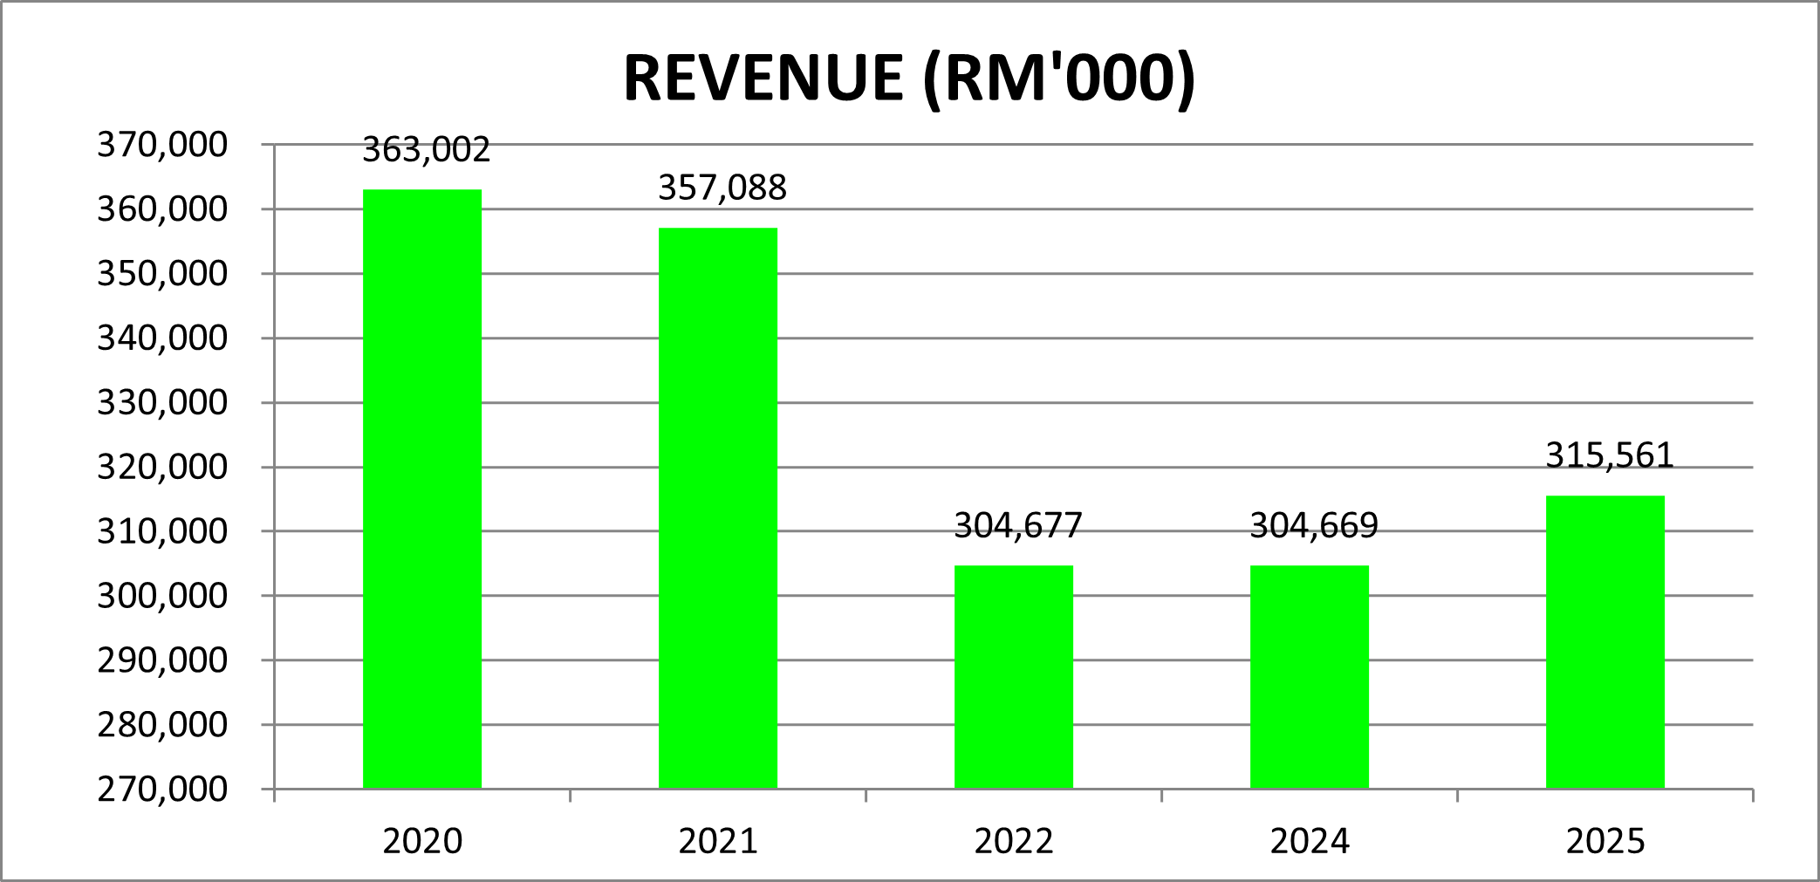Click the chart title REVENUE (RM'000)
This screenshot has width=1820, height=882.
click(909, 79)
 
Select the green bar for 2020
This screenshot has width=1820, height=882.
click(422, 489)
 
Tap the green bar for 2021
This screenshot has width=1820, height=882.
click(718, 508)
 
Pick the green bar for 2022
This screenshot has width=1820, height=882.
click(1014, 677)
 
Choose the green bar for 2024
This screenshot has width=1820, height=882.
click(1310, 677)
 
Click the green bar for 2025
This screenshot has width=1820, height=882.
click(1605, 642)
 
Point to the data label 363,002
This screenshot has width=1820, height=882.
click(427, 150)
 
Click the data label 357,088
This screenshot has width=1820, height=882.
click(722, 188)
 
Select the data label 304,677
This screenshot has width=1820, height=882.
click(1018, 526)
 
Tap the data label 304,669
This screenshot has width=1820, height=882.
click(1314, 526)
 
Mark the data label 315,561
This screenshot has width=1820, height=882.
click(1610, 455)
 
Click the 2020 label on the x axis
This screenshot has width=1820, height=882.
click(422, 842)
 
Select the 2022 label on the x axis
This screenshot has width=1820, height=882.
click(1014, 842)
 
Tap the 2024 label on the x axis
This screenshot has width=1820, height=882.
click(1310, 842)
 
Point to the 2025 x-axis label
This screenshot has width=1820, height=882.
click(1605, 842)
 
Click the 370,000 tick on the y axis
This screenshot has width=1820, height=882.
click(162, 145)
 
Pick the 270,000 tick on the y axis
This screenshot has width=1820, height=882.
click(162, 790)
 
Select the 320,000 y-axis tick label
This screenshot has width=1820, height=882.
click(162, 468)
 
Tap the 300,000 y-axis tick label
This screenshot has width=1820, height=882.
click(162, 596)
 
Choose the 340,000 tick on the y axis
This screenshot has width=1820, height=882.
click(162, 338)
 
